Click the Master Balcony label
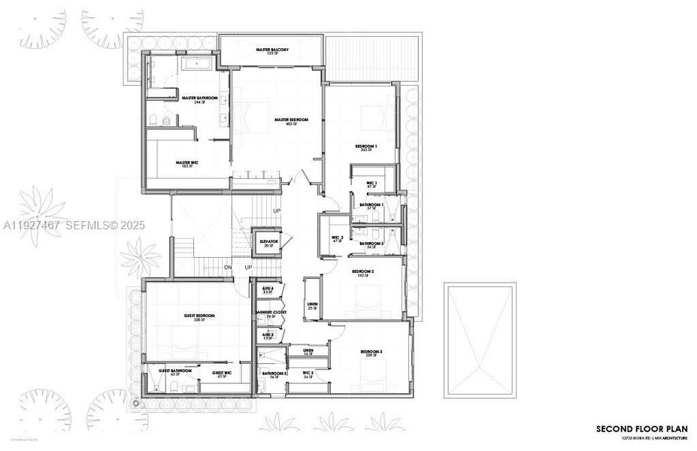point(272,50)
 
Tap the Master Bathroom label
point(199,98)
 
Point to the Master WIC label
point(187,162)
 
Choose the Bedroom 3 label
point(371,353)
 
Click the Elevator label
point(269,242)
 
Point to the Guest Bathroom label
point(174,371)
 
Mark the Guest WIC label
point(221,372)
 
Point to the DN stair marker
point(228,268)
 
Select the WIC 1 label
point(371,183)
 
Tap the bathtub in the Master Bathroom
point(198,65)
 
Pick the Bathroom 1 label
point(371,205)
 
